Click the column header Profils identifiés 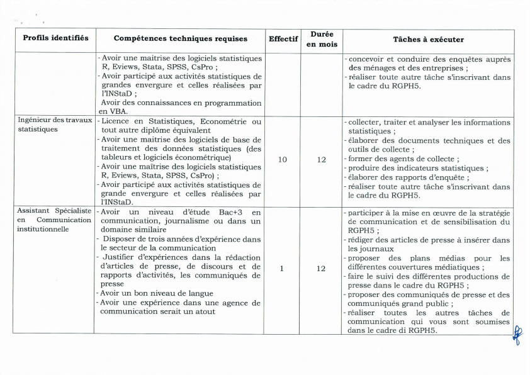click(x=55, y=39)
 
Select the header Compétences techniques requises click(x=181, y=39)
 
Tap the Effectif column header click(x=283, y=39)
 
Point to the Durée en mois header click(x=322, y=39)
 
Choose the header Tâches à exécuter click(x=429, y=40)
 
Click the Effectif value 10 click(x=283, y=160)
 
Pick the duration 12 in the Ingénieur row click(x=322, y=160)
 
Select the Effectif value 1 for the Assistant click(x=282, y=268)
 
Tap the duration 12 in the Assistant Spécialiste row click(x=322, y=268)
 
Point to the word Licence click(x=117, y=121)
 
